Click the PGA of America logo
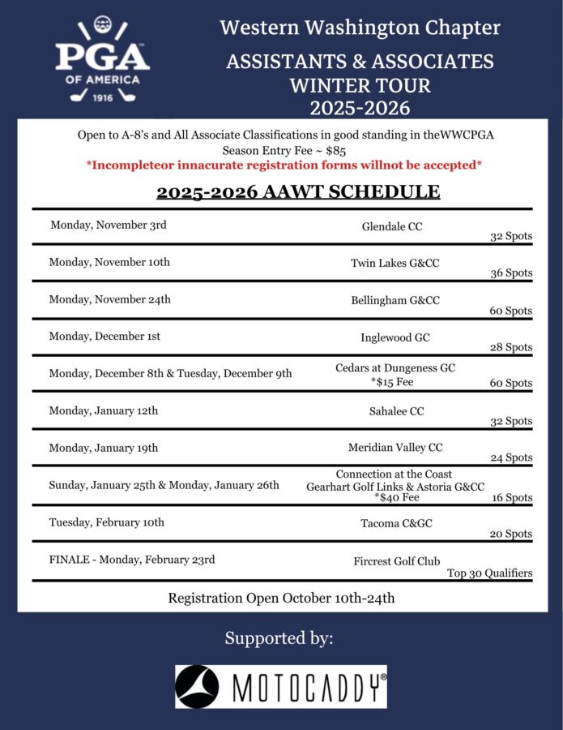(x=103, y=61)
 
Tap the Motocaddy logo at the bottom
(x=281, y=687)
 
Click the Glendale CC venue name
(x=392, y=227)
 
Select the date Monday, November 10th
(x=109, y=262)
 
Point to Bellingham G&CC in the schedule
(x=395, y=300)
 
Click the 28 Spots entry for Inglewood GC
(x=511, y=347)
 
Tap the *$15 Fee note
(x=395, y=382)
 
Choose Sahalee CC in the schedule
(x=396, y=411)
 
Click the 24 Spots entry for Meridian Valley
(x=511, y=457)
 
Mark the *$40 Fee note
(x=396, y=498)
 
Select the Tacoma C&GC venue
(x=396, y=523)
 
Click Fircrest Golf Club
(x=397, y=561)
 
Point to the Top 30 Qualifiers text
(x=489, y=573)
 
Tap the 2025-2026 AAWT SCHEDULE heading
(x=298, y=192)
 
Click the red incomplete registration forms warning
(x=284, y=165)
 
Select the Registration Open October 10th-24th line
(x=281, y=599)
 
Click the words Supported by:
(x=279, y=638)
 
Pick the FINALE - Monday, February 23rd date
(x=132, y=560)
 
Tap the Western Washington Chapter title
(x=360, y=28)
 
